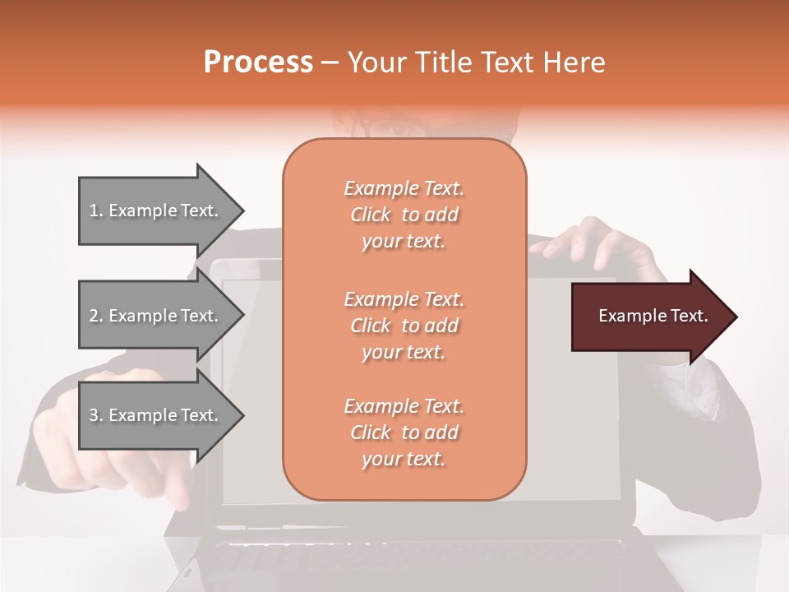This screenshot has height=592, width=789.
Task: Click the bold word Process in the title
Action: point(258,62)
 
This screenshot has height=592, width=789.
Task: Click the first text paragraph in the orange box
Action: point(404,215)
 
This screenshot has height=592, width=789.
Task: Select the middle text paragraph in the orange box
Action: point(404,326)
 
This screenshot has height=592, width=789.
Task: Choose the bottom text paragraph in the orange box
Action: point(404,432)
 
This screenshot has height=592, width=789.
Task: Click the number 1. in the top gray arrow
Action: point(96,210)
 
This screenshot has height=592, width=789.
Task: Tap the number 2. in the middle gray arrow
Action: point(96,316)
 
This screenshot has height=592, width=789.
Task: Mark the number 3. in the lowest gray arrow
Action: point(96,415)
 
